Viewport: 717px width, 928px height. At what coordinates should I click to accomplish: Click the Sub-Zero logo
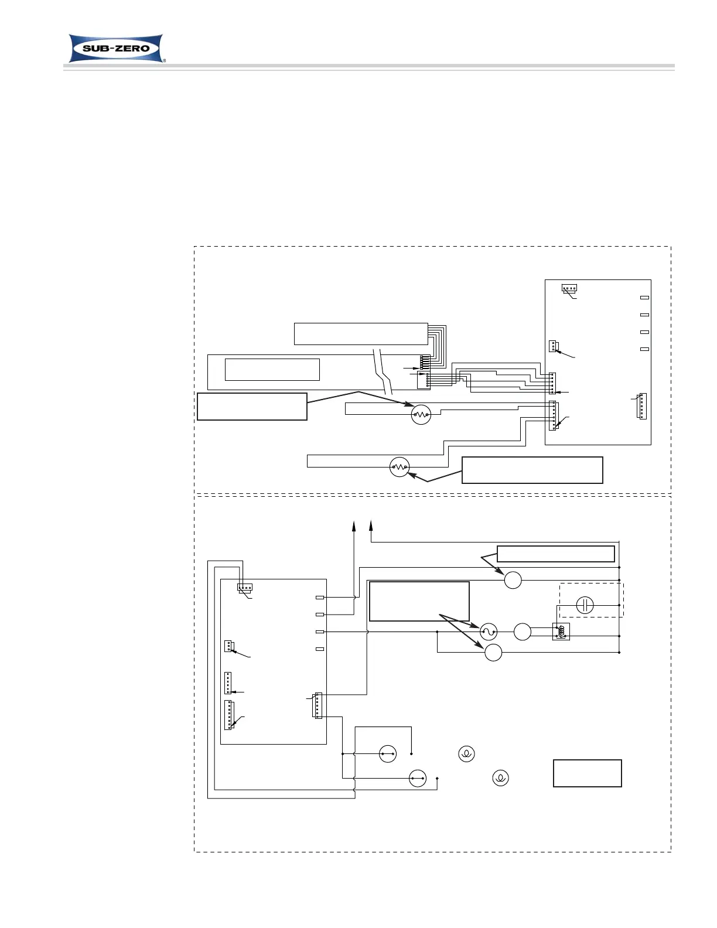[x=115, y=48]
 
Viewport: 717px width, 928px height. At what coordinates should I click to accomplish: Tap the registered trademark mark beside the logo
[x=163, y=60]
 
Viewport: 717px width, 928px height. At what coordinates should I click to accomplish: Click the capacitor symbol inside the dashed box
[x=585, y=605]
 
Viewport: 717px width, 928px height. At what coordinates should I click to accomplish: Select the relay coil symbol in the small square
[x=561, y=632]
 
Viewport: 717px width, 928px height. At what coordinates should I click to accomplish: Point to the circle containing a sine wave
[x=488, y=632]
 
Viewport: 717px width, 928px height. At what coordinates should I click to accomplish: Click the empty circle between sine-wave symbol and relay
[x=522, y=632]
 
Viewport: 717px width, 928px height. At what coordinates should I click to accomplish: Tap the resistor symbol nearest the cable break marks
[x=421, y=415]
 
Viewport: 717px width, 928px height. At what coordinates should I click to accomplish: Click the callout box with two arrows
[x=419, y=601]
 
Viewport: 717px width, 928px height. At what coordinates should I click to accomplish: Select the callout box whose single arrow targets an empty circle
[x=555, y=554]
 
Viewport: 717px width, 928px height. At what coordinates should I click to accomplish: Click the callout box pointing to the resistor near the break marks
[x=252, y=407]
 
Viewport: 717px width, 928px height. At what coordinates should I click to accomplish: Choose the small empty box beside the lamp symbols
[x=587, y=773]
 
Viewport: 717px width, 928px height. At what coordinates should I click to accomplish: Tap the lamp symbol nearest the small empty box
[x=500, y=778]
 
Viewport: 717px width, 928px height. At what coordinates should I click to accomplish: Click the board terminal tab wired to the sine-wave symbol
[x=319, y=632]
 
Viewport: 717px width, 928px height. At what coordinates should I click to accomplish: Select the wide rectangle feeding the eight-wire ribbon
[x=360, y=333]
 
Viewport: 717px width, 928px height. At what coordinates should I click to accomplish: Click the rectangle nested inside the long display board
[x=272, y=370]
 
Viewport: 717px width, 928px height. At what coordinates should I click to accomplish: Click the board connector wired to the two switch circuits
[x=318, y=705]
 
